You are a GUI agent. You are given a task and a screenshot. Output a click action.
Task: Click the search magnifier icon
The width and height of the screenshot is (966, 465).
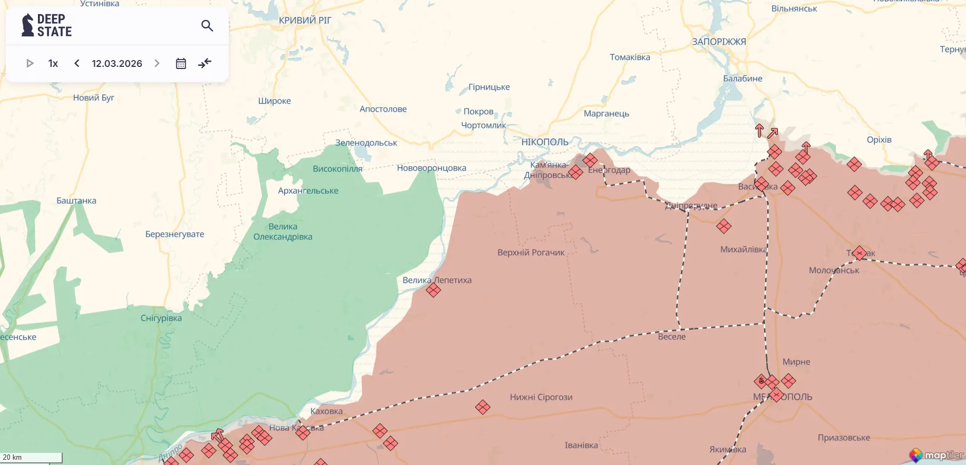(x=207, y=25)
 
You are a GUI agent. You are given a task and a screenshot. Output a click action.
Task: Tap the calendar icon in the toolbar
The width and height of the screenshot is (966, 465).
(x=181, y=63)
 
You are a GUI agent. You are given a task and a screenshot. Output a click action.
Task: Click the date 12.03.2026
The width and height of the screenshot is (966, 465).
(x=117, y=63)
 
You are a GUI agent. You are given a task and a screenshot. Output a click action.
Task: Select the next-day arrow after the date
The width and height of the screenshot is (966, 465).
(x=157, y=63)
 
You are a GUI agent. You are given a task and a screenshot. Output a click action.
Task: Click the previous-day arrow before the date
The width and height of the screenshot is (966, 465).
(x=77, y=63)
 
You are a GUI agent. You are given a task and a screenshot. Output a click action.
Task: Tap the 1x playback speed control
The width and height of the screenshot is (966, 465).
(x=53, y=63)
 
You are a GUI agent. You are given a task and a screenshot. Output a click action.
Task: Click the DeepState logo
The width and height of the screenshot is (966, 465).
(x=46, y=25)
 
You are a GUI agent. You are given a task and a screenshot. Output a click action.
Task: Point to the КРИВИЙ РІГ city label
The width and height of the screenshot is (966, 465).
(x=305, y=21)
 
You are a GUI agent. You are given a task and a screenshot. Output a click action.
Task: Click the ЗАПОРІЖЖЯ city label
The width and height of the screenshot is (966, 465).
(x=718, y=42)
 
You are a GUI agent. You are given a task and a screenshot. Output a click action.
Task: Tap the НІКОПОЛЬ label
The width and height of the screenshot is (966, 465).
(x=544, y=142)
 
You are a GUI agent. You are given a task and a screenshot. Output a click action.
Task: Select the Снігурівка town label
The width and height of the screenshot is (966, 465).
(x=161, y=318)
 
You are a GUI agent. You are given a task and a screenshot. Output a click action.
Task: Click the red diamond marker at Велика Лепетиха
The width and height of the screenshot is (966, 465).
(x=433, y=290)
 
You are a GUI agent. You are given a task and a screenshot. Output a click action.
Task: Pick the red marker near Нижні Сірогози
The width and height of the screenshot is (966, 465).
(x=482, y=407)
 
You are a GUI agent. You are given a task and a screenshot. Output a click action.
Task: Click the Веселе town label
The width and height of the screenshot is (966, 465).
(x=671, y=337)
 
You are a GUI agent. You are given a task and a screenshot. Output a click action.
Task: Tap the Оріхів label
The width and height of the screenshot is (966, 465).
(x=879, y=140)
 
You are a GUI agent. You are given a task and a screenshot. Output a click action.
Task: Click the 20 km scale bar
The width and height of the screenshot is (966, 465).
(x=31, y=457)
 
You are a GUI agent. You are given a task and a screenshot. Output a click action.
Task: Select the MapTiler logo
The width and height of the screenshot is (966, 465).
(x=936, y=455)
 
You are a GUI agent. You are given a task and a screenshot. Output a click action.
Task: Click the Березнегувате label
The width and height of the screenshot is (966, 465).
(x=174, y=234)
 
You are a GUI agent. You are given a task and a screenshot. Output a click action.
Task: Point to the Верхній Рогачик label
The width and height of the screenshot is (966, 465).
(x=530, y=252)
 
